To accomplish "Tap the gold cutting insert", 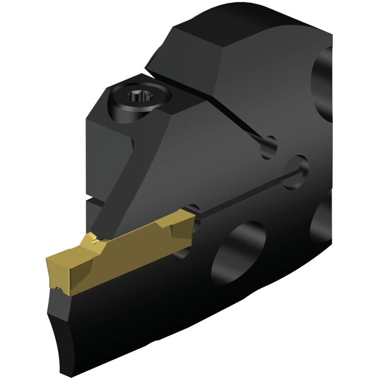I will pos(120,254).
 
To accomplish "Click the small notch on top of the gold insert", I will pos(94,241).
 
